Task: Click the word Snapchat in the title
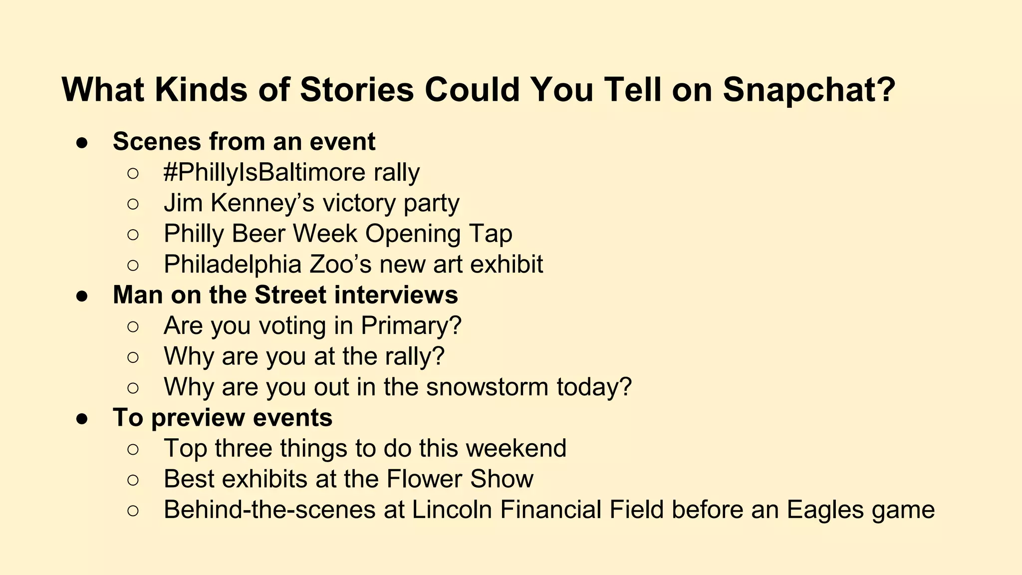coord(808,90)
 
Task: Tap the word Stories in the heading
coord(357,90)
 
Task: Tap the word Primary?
coord(411,326)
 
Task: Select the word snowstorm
coord(487,387)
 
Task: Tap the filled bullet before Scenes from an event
coord(82,143)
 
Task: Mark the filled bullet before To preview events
coord(82,419)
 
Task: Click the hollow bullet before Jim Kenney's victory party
coord(133,204)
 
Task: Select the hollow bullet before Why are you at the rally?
coord(133,357)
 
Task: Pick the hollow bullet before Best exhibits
coord(133,480)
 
